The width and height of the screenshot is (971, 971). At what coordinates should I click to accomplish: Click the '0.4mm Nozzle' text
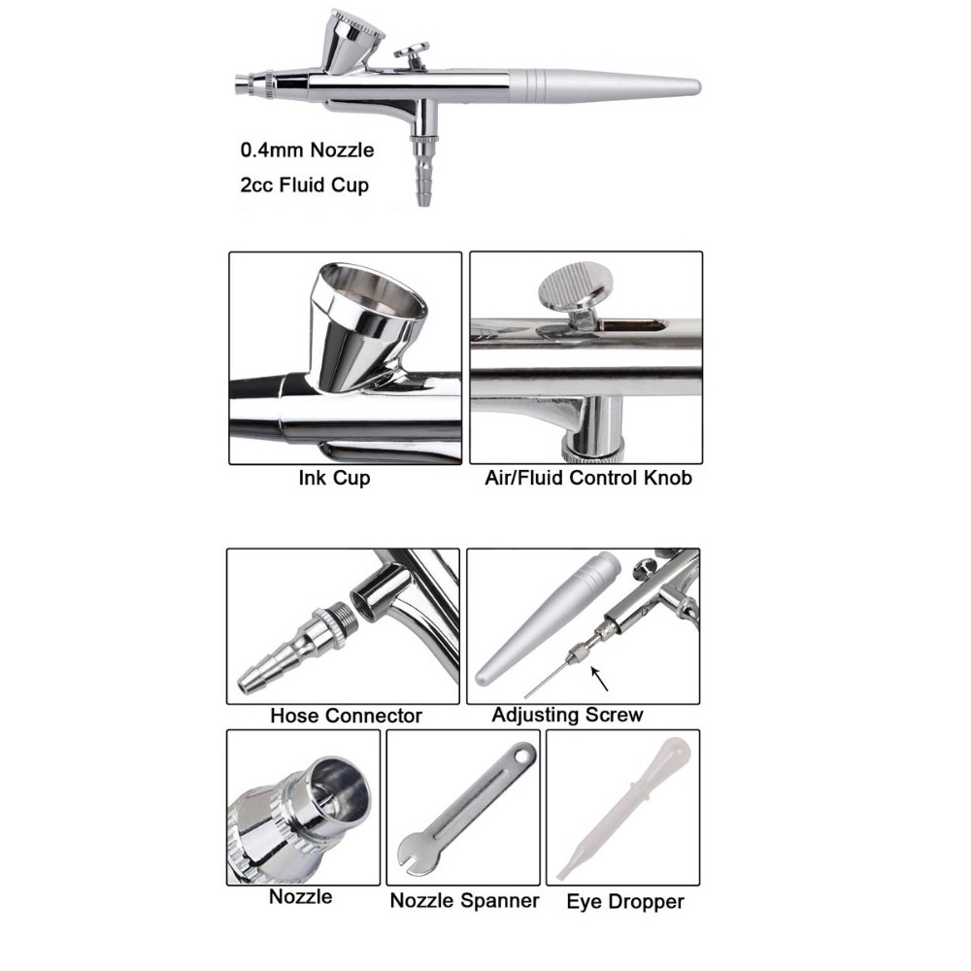(x=307, y=151)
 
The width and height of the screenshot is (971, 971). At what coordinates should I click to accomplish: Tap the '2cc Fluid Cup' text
(x=305, y=185)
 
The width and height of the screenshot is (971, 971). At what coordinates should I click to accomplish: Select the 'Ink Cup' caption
(x=334, y=478)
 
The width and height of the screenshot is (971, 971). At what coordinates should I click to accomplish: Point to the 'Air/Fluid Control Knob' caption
(x=588, y=478)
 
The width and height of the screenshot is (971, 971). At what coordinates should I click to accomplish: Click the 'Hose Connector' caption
(x=347, y=716)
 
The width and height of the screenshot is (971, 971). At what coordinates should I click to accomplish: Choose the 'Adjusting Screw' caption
(x=568, y=716)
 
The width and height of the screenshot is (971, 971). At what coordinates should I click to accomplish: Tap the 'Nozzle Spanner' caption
(x=464, y=900)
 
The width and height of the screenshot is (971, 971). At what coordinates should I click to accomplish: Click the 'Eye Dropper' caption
(x=625, y=902)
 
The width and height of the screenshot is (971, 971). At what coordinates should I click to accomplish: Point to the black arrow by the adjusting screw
(x=599, y=678)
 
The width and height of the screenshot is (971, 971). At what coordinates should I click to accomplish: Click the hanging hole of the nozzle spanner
(x=525, y=755)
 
